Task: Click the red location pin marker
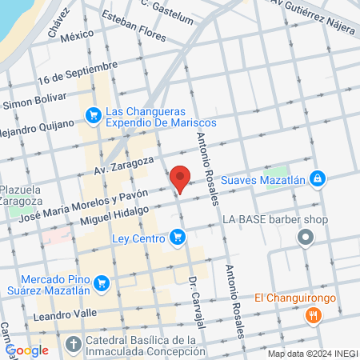(x=180, y=178)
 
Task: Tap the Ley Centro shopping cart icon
(x=178, y=238)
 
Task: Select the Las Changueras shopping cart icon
(x=94, y=116)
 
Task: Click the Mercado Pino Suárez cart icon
(x=101, y=282)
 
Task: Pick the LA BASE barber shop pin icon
(x=305, y=238)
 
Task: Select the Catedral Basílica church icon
(x=73, y=346)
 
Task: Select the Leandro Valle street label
(x=64, y=315)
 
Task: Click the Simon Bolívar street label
(x=34, y=104)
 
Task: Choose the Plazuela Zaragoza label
(x=21, y=195)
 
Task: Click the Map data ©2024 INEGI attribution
(x=311, y=354)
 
